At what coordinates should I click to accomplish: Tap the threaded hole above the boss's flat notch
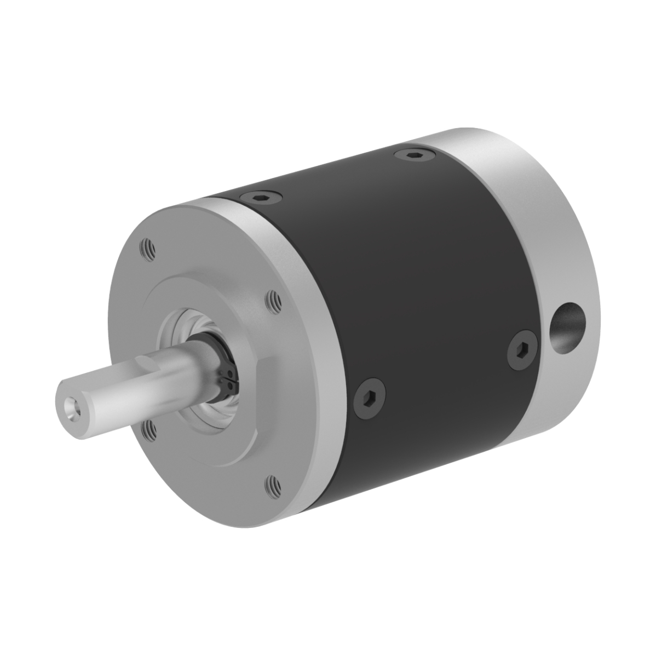click(x=273, y=299)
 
